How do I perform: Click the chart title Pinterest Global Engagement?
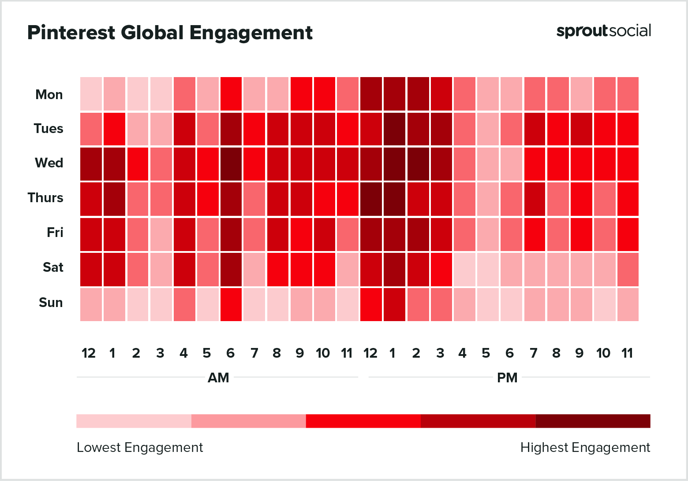[x=170, y=33]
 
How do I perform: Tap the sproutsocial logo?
[x=603, y=31]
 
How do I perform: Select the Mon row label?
[x=49, y=95]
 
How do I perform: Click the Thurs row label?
[x=45, y=198]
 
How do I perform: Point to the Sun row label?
[x=51, y=303]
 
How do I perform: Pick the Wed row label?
[x=49, y=163]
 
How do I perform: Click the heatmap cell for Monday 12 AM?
[x=91, y=94]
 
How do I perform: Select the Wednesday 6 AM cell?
[x=231, y=164]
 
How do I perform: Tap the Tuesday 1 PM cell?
[x=394, y=129]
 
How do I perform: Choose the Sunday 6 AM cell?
[x=231, y=304]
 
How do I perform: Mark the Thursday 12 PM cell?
[x=371, y=199]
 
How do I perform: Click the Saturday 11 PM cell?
[x=628, y=269]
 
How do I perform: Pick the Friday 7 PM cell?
[x=535, y=234]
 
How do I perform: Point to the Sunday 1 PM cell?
[x=394, y=304]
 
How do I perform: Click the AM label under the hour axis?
[x=218, y=378]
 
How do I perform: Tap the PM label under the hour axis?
[x=507, y=378]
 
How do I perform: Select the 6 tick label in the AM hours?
[x=230, y=353]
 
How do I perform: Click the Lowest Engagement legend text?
[x=140, y=448]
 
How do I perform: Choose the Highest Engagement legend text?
[x=585, y=448]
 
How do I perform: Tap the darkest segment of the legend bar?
[x=593, y=421]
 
